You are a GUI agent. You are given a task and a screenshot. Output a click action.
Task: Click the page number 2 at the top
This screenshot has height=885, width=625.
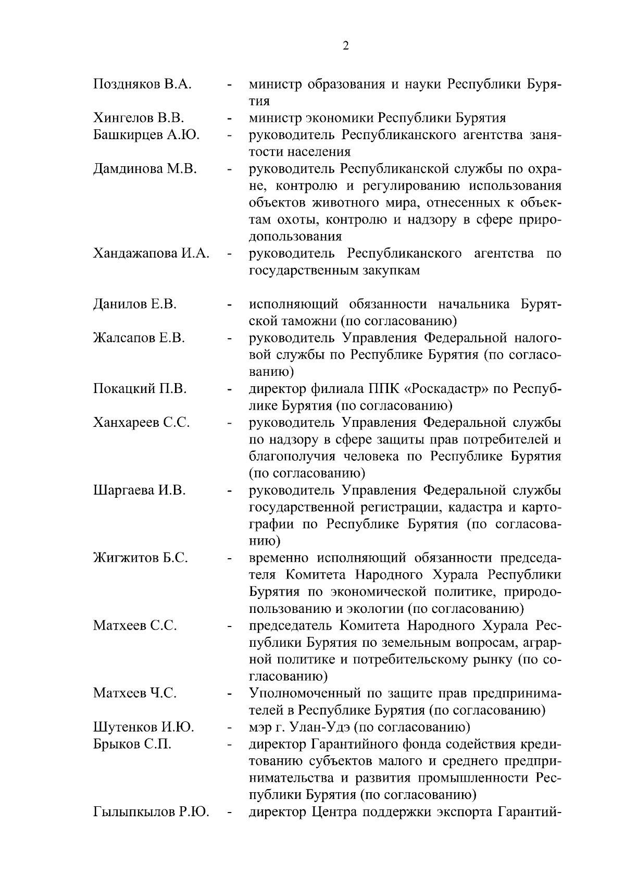346,46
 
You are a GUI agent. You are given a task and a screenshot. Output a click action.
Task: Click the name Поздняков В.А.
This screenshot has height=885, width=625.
142,84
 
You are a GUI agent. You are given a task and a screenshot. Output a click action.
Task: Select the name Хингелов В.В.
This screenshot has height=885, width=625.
140,118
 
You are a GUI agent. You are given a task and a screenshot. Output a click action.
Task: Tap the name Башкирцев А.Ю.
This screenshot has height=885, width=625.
146,134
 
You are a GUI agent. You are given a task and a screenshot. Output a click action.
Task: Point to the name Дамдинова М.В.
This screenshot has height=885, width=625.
145,168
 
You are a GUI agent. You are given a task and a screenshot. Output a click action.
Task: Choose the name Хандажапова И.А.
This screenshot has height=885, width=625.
152,253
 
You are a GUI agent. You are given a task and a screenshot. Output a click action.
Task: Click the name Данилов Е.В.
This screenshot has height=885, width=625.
135,304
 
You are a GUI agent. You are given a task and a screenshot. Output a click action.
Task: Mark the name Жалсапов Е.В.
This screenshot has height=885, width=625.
139,338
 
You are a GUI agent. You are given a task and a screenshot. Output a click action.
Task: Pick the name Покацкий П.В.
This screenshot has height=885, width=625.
140,389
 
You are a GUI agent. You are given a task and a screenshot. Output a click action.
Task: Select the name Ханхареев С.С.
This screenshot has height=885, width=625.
141,423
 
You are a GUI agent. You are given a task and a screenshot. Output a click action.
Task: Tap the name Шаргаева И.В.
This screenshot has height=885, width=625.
140,490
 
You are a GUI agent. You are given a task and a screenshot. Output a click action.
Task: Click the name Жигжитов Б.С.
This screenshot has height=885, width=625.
141,558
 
